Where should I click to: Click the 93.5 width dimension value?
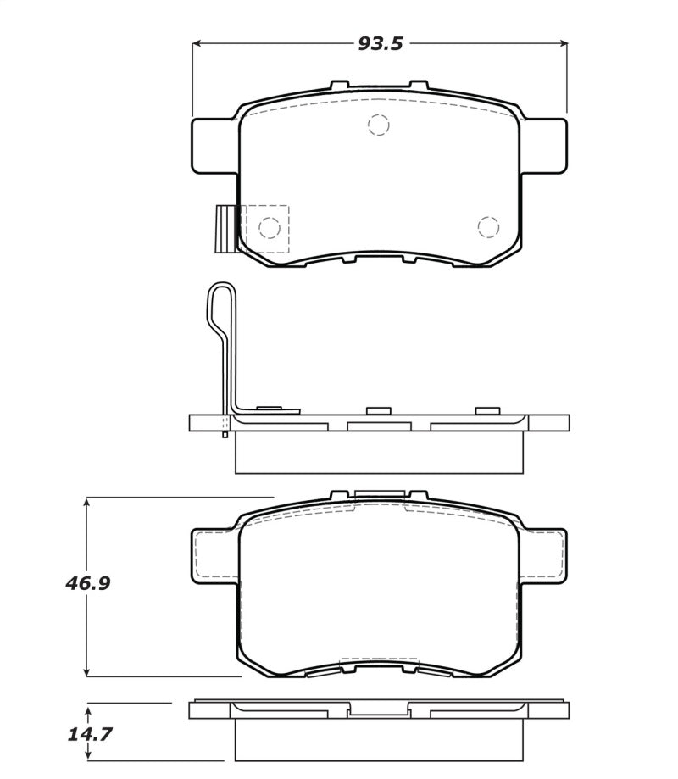pos(380,43)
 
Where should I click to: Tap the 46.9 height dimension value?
pos(89,584)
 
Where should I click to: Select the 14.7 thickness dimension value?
pos(89,734)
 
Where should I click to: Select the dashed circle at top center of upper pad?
pos(378,125)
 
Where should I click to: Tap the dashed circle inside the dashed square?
pos(269,227)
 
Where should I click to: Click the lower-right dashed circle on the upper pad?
pos(487,226)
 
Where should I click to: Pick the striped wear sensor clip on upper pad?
pos(227,230)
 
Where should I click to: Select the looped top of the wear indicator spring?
pos(220,301)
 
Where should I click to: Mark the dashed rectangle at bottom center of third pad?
pos(378,662)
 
